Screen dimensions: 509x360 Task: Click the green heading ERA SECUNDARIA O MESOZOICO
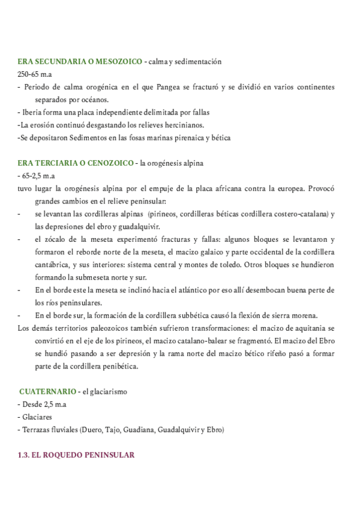click(x=80, y=62)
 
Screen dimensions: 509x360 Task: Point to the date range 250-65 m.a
click(x=34, y=74)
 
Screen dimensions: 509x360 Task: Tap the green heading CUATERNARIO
click(x=47, y=391)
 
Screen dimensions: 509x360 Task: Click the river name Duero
click(x=89, y=429)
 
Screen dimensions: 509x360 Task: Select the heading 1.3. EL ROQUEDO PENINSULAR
click(x=76, y=455)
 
